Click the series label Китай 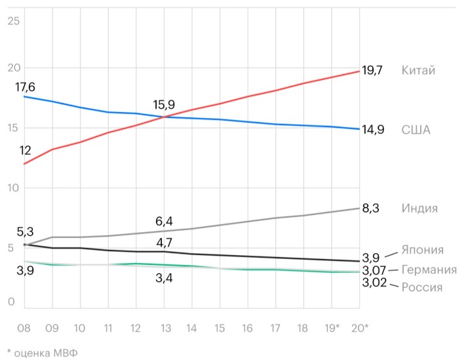418,70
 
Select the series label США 416,130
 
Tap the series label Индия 419,209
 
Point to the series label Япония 423,250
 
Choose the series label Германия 429,270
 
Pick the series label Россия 421,287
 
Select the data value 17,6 26,87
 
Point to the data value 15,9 164,104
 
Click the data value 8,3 371,209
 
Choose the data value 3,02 374,283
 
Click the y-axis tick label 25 14,21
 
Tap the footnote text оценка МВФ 46,352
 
